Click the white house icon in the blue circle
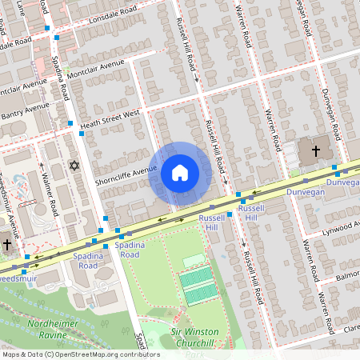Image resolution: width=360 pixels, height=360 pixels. tap(179, 173)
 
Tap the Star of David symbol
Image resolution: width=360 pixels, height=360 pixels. tap(75, 166)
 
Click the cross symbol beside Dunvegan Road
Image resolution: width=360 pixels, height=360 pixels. tap(315, 150)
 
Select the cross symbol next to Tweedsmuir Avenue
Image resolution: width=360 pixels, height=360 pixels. tap(7, 245)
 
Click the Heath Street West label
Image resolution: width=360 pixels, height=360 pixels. tap(110, 118)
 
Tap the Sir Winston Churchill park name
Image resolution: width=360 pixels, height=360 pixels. tap(199, 336)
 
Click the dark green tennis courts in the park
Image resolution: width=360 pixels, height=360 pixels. tap(196, 286)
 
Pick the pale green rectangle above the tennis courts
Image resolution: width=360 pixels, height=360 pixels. tap(194, 261)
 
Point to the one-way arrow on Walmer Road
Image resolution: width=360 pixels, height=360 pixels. tap(42, 167)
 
